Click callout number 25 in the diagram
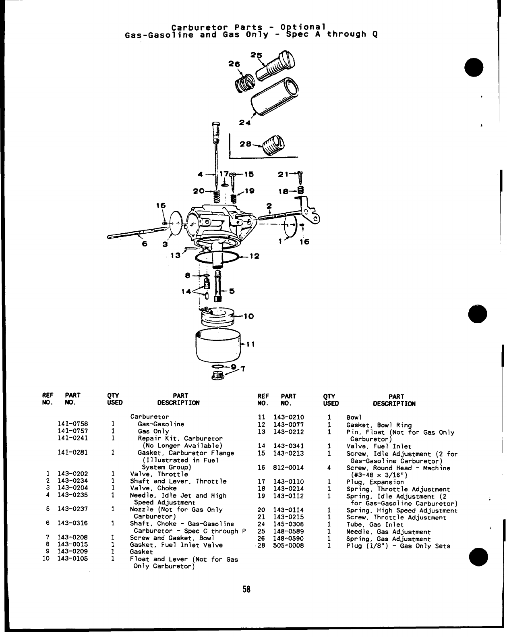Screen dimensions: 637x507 coord(256,55)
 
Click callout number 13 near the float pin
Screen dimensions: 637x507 coord(175,255)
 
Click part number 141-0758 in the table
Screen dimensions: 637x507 coord(73,424)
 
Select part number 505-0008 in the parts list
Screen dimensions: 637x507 coord(288,546)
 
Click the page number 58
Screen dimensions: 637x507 coord(246,589)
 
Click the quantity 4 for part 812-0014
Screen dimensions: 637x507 coord(329,468)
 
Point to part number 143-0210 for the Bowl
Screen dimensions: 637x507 coord(288,417)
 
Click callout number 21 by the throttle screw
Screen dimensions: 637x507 coord(283,174)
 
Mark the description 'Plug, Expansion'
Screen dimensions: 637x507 coord(375,482)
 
